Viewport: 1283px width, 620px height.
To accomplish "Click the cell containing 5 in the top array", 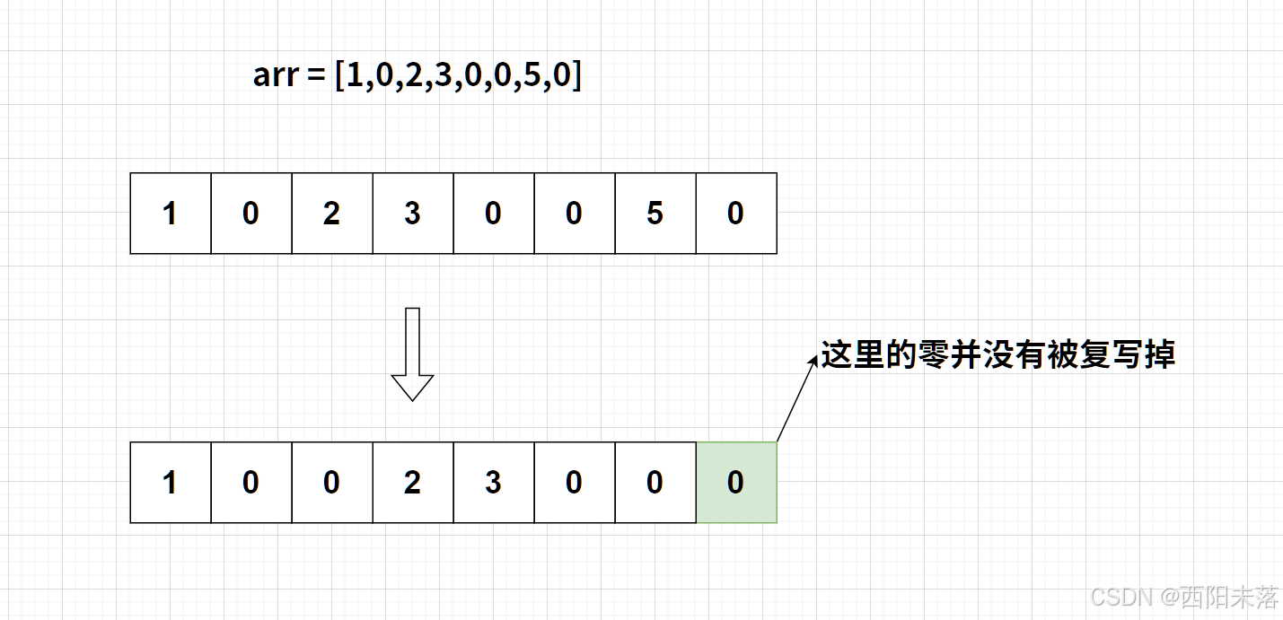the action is click(x=655, y=214).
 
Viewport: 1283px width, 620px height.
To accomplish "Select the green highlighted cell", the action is click(x=736, y=483).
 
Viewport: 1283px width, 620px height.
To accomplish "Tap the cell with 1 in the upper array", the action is click(x=171, y=214).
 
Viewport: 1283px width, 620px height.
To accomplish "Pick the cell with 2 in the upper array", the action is click(x=332, y=214).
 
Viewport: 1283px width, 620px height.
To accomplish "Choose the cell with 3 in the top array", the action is click(x=413, y=214).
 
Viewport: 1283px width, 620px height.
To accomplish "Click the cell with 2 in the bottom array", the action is click(x=413, y=483).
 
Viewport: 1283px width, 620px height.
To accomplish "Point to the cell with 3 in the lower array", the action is click(x=494, y=483).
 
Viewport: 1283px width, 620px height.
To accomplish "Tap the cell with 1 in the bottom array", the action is click(x=171, y=483).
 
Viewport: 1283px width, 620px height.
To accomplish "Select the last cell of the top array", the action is click(x=736, y=214).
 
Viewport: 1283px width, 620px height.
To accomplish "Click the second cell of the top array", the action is click(x=251, y=214).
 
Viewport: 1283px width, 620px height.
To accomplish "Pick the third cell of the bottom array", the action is click(x=332, y=483).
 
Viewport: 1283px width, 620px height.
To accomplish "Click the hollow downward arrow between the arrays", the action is click(x=412, y=354).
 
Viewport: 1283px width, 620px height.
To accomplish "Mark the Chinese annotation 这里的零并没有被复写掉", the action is click(x=998, y=355).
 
